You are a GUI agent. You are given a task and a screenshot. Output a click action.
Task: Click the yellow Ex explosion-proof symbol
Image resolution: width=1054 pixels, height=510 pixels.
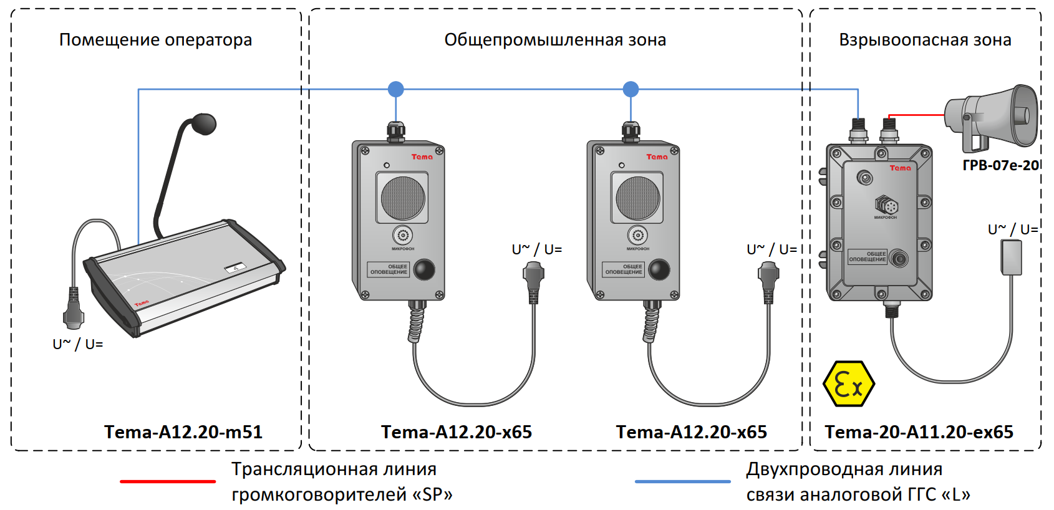(x=848, y=383)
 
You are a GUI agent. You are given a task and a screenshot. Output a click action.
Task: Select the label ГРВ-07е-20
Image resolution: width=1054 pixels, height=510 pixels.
(x=1000, y=165)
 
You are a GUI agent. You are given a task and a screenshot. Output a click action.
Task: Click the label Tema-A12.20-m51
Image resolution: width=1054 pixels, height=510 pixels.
(x=183, y=432)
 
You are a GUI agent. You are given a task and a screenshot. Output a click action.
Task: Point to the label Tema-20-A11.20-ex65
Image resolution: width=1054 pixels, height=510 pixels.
(x=919, y=432)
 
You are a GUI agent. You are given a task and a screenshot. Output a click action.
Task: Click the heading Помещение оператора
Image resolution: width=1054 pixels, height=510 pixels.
(x=156, y=40)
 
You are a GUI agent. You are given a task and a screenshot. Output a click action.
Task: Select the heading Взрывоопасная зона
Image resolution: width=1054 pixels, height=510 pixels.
(x=925, y=40)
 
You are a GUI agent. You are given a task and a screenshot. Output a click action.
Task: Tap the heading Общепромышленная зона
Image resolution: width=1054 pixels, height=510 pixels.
(x=555, y=40)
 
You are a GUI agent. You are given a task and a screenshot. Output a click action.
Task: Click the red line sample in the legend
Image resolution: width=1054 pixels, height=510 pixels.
(x=168, y=481)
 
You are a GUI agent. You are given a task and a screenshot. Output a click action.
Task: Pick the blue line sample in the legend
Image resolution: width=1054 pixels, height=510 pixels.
(x=682, y=481)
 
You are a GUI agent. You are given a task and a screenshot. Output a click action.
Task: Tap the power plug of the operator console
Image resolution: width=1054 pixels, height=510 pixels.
(x=74, y=312)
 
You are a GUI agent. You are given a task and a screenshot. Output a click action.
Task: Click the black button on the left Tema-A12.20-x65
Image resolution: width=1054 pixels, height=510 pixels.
(x=424, y=269)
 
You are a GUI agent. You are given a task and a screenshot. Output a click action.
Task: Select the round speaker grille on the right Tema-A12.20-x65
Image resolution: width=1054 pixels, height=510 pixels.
(x=637, y=198)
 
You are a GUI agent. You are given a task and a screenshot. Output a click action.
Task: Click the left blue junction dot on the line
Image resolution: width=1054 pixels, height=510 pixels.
(x=396, y=89)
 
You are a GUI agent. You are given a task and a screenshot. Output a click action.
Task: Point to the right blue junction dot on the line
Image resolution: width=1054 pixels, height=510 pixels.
(x=631, y=89)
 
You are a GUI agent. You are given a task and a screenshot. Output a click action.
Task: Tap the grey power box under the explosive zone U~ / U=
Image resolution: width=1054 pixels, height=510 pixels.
(x=1011, y=257)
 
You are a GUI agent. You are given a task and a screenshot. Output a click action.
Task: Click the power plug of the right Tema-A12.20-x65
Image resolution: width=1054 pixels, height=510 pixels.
(x=768, y=277)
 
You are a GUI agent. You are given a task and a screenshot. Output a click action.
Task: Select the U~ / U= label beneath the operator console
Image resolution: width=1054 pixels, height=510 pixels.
(x=78, y=344)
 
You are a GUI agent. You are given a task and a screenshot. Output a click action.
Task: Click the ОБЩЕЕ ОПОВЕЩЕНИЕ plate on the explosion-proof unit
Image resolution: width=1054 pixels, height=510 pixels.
(x=868, y=257)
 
